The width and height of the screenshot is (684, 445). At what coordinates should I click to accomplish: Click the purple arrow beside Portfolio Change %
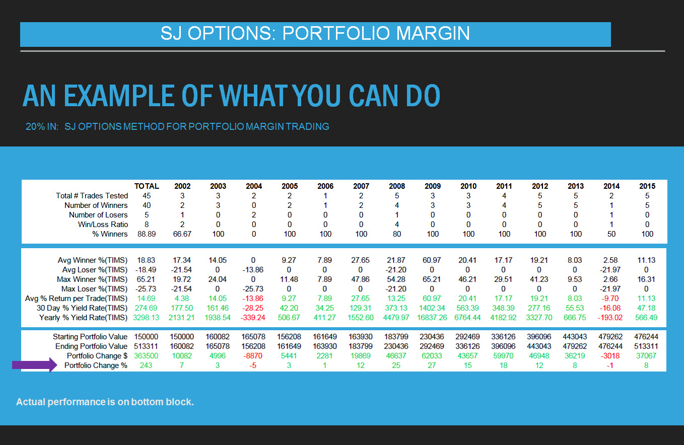click(x=35, y=365)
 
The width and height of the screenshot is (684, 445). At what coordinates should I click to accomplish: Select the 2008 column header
click(x=397, y=186)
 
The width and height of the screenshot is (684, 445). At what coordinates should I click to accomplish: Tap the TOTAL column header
click(x=147, y=186)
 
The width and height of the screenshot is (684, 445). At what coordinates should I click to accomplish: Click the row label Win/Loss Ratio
click(x=103, y=225)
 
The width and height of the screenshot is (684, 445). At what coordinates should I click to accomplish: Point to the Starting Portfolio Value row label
click(x=90, y=337)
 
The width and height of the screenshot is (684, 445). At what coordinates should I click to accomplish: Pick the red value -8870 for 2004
click(x=253, y=356)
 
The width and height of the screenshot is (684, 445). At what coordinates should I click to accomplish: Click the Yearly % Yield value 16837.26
click(x=432, y=318)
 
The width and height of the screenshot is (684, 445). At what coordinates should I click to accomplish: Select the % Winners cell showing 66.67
click(x=182, y=234)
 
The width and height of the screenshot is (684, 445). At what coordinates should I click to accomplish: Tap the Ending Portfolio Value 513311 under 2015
click(x=646, y=346)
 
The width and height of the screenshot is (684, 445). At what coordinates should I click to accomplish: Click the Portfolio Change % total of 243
click(x=146, y=365)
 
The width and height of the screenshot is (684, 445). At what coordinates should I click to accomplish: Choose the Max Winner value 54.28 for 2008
click(x=396, y=279)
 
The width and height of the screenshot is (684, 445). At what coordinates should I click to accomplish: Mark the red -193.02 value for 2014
click(x=610, y=318)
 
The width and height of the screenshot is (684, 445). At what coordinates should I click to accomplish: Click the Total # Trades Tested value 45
click(x=147, y=196)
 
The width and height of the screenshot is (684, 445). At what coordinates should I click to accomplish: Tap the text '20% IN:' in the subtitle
click(x=42, y=126)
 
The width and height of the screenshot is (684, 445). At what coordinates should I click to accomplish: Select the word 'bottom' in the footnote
click(x=144, y=402)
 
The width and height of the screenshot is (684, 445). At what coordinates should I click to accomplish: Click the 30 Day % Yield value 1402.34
click(x=432, y=308)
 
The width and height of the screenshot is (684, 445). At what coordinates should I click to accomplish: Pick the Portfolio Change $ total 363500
click(x=146, y=356)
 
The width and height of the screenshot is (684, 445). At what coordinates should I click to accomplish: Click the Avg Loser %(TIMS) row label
click(x=95, y=270)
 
